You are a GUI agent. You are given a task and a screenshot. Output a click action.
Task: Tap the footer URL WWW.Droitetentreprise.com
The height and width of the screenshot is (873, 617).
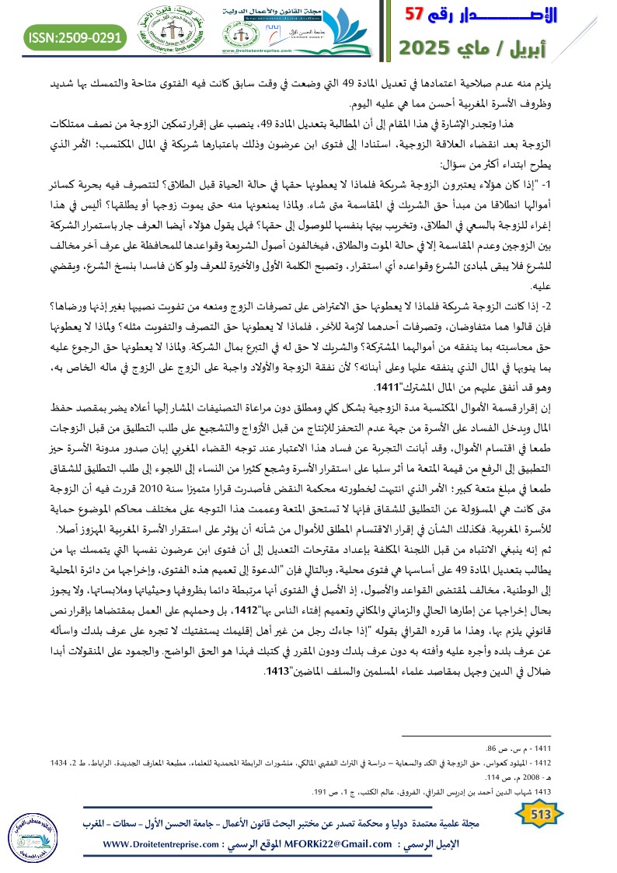(x=163, y=843)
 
